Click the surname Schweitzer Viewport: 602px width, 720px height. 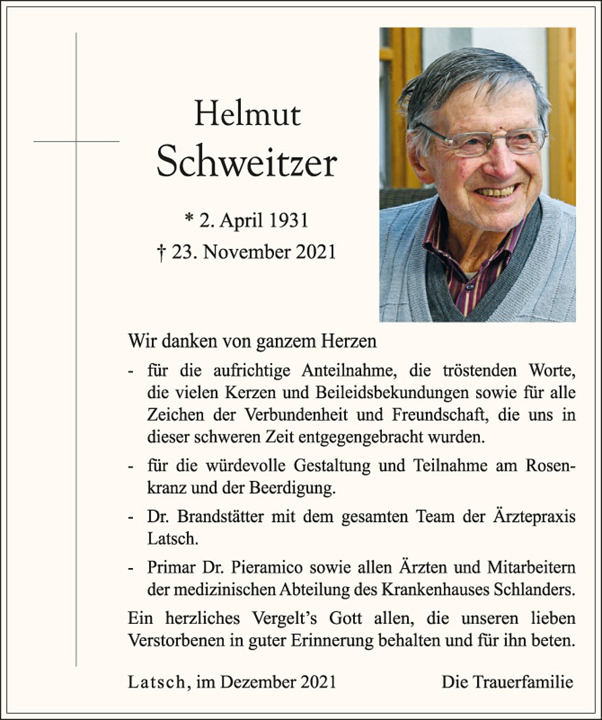coord(246,164)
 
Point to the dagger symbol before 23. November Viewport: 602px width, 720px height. coord(161,252)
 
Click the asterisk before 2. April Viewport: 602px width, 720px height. coord(189,219)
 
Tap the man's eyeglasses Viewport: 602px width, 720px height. coord(484,140)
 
